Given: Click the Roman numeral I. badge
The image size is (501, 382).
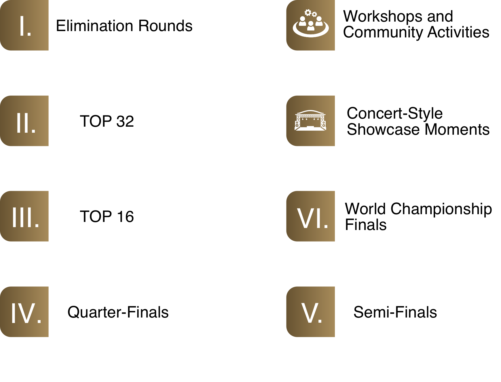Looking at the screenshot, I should (24, 26).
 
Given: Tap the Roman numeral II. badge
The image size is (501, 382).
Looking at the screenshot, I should (24, 121).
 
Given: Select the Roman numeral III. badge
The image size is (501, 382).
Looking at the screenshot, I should (24, 216).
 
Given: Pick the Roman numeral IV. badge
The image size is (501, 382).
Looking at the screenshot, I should (24, 312).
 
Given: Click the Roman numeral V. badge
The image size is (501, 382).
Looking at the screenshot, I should (311, 312).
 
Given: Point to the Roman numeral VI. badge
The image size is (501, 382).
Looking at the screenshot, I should (311, 216).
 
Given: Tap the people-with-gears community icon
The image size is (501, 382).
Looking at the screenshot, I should (311, 24).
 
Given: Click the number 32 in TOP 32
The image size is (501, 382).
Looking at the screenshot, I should (125, 121).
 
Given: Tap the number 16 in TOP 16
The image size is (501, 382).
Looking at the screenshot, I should (125, 217).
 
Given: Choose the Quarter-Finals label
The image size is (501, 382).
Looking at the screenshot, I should (118, 312).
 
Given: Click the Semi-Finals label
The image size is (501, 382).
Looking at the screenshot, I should (395, 312).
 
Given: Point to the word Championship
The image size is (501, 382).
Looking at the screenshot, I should (441, 209).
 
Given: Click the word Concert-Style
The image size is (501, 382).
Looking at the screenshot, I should (394, 113).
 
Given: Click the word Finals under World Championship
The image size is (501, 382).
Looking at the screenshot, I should (366, 225).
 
